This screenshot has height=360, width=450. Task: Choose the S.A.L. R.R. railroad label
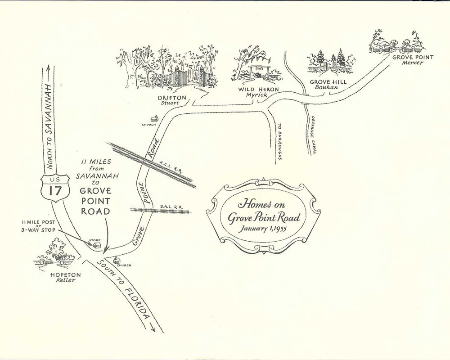pyautogui.click(x=173, y=207)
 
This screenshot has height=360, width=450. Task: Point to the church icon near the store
pyautogui.click(x=117, y=259)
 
